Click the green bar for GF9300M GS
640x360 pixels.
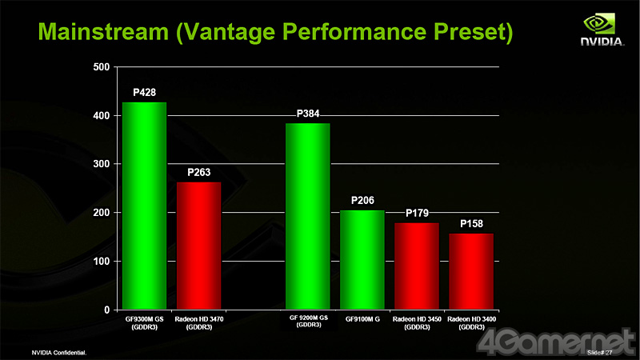pyautogui.click(x=144, y=206)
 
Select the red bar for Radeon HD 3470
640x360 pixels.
pyautogui.click(x=198, y=246)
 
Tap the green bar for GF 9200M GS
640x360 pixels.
pyautogui.click(x=307, y=216)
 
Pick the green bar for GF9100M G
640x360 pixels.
pyautogui.click(x=362, y=260)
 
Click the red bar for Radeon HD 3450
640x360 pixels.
pyautogui.click(x=416, y=266)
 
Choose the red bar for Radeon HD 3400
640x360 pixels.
pyautogui.click(x=470, y=271)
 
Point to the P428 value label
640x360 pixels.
pyautogui.click(x=144, y=93)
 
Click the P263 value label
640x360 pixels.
pyautogui.click(x=198, y=172)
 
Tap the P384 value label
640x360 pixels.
pyautogui.click(x=308, y=114)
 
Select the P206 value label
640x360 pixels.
pyautogui.click(x=362, y=201)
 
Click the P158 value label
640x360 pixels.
pyautogui.click(x=470, y=223)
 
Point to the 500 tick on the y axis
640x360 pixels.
pyautogui.click(x=102, y=66)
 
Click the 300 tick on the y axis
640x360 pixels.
pyautogui.click(x=102, y=164)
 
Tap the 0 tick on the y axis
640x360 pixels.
pyautogui.click(x=106, y=310)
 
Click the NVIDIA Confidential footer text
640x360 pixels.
pyautogui.click(x=58, y=352)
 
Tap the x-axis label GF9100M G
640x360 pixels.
pyautogui.click(x=362, y=320)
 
